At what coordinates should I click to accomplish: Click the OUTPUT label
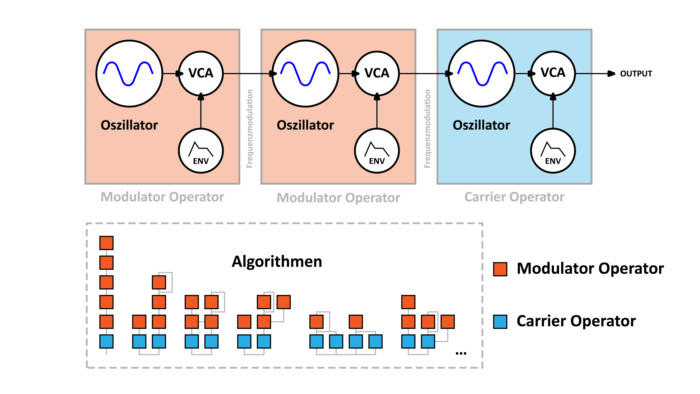pos(636,74)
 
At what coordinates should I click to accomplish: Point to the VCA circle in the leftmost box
pos(201,73)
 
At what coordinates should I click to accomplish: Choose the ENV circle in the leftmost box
pos(201,151)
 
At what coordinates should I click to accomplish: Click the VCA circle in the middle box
pos(377,73)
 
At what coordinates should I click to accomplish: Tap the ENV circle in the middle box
pos(377,151)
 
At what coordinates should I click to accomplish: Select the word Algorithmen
pos(277,262)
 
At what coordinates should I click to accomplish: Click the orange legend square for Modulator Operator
pos(500,269)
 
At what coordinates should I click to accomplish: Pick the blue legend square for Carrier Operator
pos(500,322)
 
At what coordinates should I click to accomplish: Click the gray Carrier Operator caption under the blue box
pos(514,197)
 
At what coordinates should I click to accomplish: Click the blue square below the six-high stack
pos(106,342)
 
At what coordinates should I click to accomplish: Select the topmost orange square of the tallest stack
pos(106,243)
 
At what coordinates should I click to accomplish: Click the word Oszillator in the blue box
pos(481,125)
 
